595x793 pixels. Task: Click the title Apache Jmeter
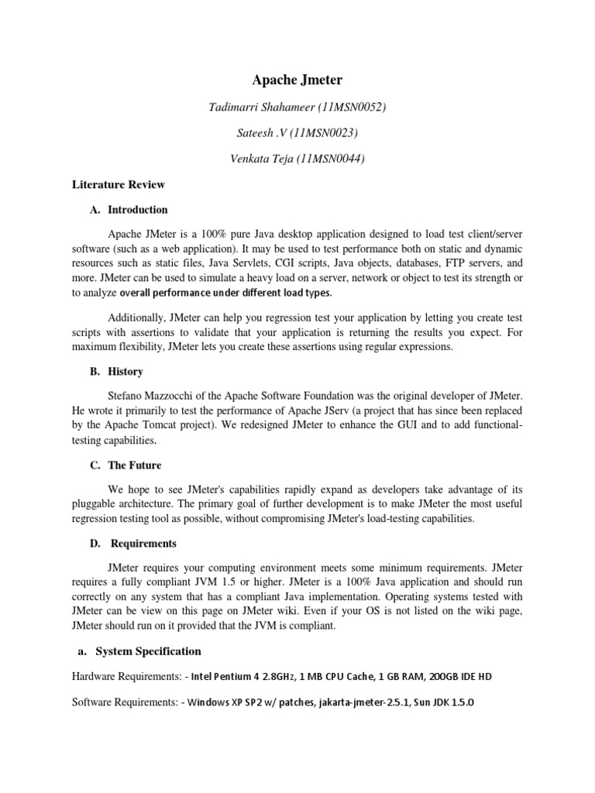click(x=297, y=80)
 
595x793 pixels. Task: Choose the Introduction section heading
click(x=137, y=210)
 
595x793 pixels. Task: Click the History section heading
click(x=125, y=372)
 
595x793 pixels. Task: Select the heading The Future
click(x=134, y=465)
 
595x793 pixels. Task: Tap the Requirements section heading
click(x=143, y=543)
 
